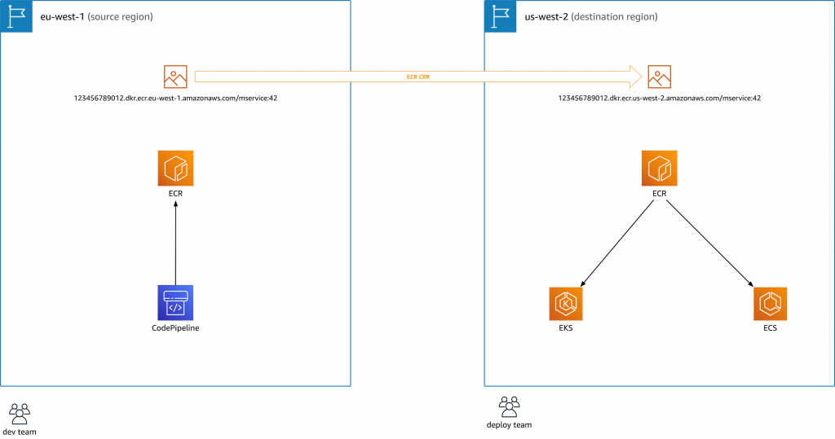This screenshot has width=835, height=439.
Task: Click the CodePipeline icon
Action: point(175,303)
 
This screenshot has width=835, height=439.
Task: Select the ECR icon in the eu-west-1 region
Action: point(175,168)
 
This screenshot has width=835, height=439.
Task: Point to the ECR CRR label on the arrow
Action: point(418,77)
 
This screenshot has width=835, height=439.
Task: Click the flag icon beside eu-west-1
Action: point(15,16)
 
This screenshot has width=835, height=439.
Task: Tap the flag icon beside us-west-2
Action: point(500,16)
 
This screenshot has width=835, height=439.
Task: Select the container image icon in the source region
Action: point(175,77)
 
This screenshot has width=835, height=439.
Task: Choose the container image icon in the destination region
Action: point(659,77)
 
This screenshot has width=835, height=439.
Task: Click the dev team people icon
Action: point(20,412)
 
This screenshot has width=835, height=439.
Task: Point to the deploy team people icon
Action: point(509,405)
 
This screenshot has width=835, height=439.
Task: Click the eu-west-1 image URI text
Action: point(175,98)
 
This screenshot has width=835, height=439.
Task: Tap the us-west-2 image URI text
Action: point(659,98)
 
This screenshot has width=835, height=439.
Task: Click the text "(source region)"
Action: point(121,16)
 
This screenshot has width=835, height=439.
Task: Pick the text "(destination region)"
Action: point(616,16)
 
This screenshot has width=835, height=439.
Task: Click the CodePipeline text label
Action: point(175,329)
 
